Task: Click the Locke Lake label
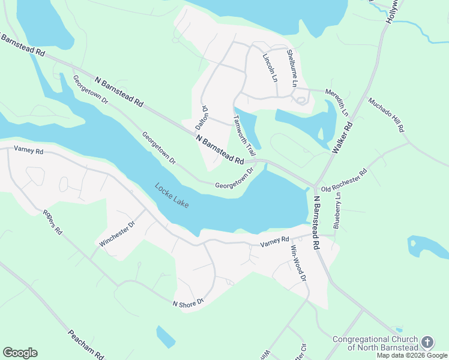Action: [x=172, y=196]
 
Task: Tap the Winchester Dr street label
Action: [x=118, y=234]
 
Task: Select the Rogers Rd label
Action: [x=52, y=221]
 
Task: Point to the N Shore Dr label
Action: [x=189, y=304]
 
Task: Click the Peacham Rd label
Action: [x=86, y=344]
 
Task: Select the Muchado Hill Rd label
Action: [x=387, y=115]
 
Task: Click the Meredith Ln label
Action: [x=337, y=102]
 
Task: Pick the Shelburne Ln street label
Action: [x=291, y=68]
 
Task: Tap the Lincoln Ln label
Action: [x=270, y=67]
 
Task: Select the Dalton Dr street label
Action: [x=202, y=118]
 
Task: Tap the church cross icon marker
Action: [x=427, y=343]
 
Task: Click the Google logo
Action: [x=20, y=353]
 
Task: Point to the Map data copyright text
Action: [x=412, y=355]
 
